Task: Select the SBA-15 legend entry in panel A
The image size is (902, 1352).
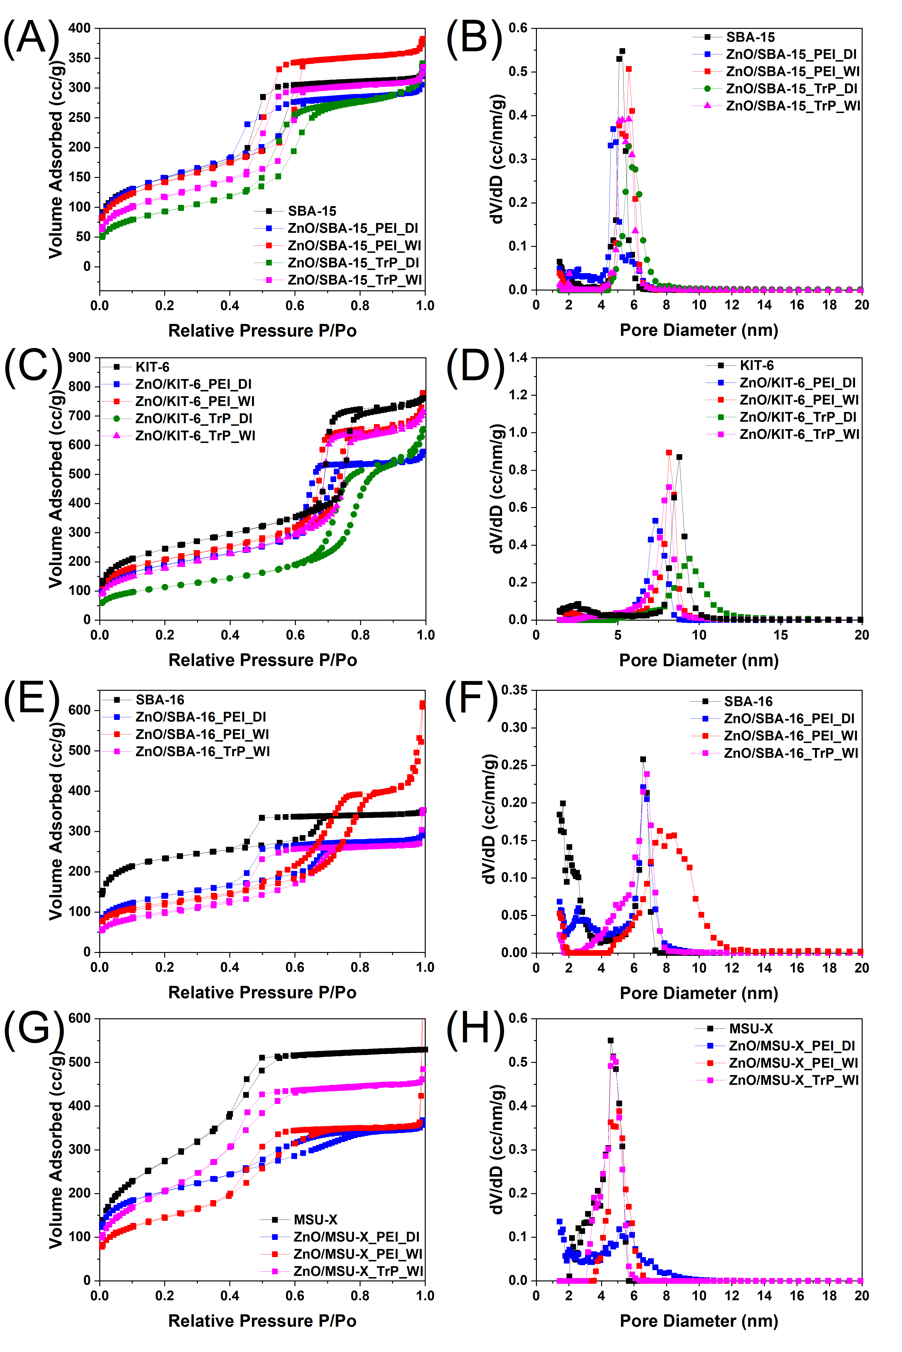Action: click(x=312, y=211)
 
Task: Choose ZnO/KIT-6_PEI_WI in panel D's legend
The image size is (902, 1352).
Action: click(x=798, y=400)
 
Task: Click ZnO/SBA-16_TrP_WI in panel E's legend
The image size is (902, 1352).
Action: click(x=203, y=751)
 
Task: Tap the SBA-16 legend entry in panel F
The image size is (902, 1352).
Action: click(x=748, y=701)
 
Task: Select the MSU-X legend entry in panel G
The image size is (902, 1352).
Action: click(x=315, y=1219)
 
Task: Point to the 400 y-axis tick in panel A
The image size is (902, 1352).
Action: click(x=79, y=28)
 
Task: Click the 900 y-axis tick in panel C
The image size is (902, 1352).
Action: click(x=79, y=358)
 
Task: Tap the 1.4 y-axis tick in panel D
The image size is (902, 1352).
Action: click(x=518, y=358)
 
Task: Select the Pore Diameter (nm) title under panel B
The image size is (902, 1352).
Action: click(x=698, y=330)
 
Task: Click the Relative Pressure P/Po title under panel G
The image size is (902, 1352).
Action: click(x=262, y=1320)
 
